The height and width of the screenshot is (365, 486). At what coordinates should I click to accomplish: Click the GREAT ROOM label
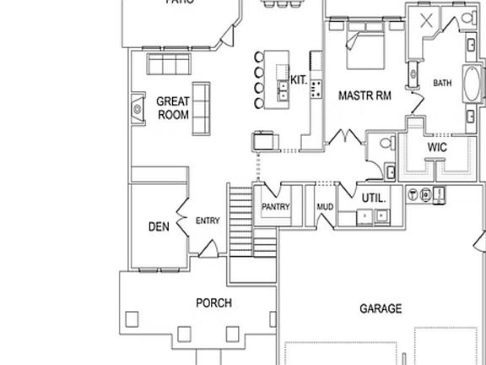[x=172, y=108]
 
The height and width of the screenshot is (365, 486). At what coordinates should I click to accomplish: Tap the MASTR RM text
[x=364, y=95]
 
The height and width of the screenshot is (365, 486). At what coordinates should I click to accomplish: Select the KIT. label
[x=298, y=80]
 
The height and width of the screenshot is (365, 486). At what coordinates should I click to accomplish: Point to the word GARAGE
[x=380, y=309]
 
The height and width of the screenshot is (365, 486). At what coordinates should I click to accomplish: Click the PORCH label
[x=213, y=302]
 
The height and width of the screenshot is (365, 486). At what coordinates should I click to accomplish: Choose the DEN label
[x=159, y=226]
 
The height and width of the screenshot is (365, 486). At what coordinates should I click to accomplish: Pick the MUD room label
[x=324, y=207]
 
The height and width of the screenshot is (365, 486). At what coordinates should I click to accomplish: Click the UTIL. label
[x=374, y=198]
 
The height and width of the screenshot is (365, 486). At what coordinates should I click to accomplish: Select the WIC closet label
[x=436, y=147]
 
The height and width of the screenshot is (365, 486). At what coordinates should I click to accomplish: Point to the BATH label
[x=442, y=83]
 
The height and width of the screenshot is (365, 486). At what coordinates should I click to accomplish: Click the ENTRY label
[x=208, y=221]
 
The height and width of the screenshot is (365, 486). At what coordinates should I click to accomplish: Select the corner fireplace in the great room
[x=136, y=107]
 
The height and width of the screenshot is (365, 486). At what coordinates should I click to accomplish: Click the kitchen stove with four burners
[x=316, y=86]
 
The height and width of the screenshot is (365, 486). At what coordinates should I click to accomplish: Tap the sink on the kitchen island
[x=281, y=88]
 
